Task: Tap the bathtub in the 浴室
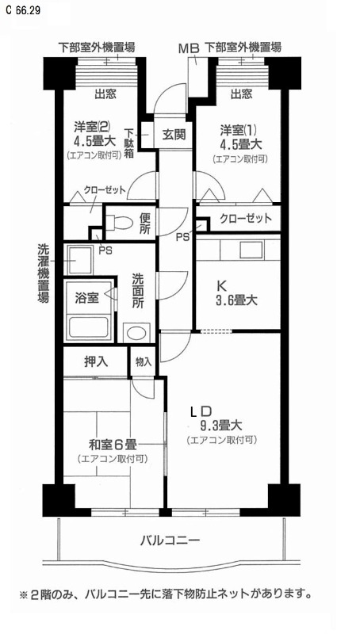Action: coord(90,327)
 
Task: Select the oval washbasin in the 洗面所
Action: coord(136,332)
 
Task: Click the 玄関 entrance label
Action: coord(174,134)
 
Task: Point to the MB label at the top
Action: coord(190,48)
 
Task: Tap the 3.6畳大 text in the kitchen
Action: coord(237,300)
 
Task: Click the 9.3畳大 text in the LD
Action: coord(221,426)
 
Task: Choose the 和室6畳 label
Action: coord(113,445)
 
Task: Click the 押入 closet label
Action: coord(96,361)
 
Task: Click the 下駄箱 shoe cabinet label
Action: coord(129,143)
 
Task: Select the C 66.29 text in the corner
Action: coord(23,10)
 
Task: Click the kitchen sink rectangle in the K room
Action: coord(251,250)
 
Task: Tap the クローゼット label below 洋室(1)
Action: coord(246,219)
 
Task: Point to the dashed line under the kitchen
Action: coord(216,331)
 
